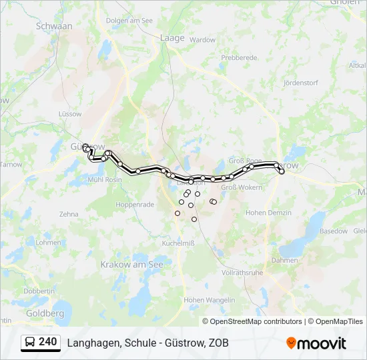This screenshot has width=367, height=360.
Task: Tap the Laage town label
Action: [x=171, y=38]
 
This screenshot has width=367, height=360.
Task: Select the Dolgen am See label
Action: [x=129, y=21]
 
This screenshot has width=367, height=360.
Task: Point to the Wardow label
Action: [x=203, y=40]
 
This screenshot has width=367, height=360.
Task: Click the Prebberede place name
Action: [x=239, y=58]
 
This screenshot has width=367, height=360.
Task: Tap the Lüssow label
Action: [x=70, y=114]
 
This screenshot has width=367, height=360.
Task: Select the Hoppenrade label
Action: [x=135, y=205]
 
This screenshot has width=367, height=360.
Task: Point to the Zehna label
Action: [x=69, y=215]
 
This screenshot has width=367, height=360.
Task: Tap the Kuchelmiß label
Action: [x=178, y=243]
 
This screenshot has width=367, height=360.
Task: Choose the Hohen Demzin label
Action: [x=269, y=213]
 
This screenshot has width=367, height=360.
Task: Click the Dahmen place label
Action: [x=285, y=260]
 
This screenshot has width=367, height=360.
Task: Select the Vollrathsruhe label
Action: [x=243, y=273]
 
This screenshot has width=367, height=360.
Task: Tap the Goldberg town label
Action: [x=45, y=313]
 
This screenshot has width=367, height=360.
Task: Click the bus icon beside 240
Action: [x=31, y=343]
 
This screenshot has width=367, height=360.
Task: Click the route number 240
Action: [x=47, y=342]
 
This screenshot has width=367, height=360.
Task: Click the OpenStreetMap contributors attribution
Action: [x=255, y=321]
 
